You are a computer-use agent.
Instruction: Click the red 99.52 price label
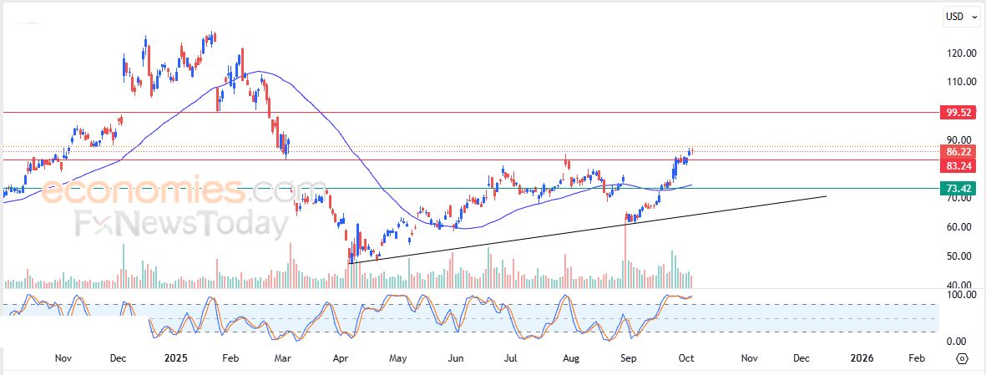[956, 112]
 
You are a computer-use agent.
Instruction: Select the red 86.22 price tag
[956, 152]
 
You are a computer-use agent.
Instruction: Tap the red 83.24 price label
[956, 166]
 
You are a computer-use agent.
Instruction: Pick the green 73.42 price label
[956, 189]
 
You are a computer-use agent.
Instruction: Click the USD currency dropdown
[957, 17]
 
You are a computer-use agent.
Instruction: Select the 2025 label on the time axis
[177, 358]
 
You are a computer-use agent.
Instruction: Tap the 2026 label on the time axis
[862, 358]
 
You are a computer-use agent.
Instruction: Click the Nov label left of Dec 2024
[63, 358]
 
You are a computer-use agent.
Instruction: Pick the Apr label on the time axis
[340, 358]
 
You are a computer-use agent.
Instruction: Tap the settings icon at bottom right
[962, 358]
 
